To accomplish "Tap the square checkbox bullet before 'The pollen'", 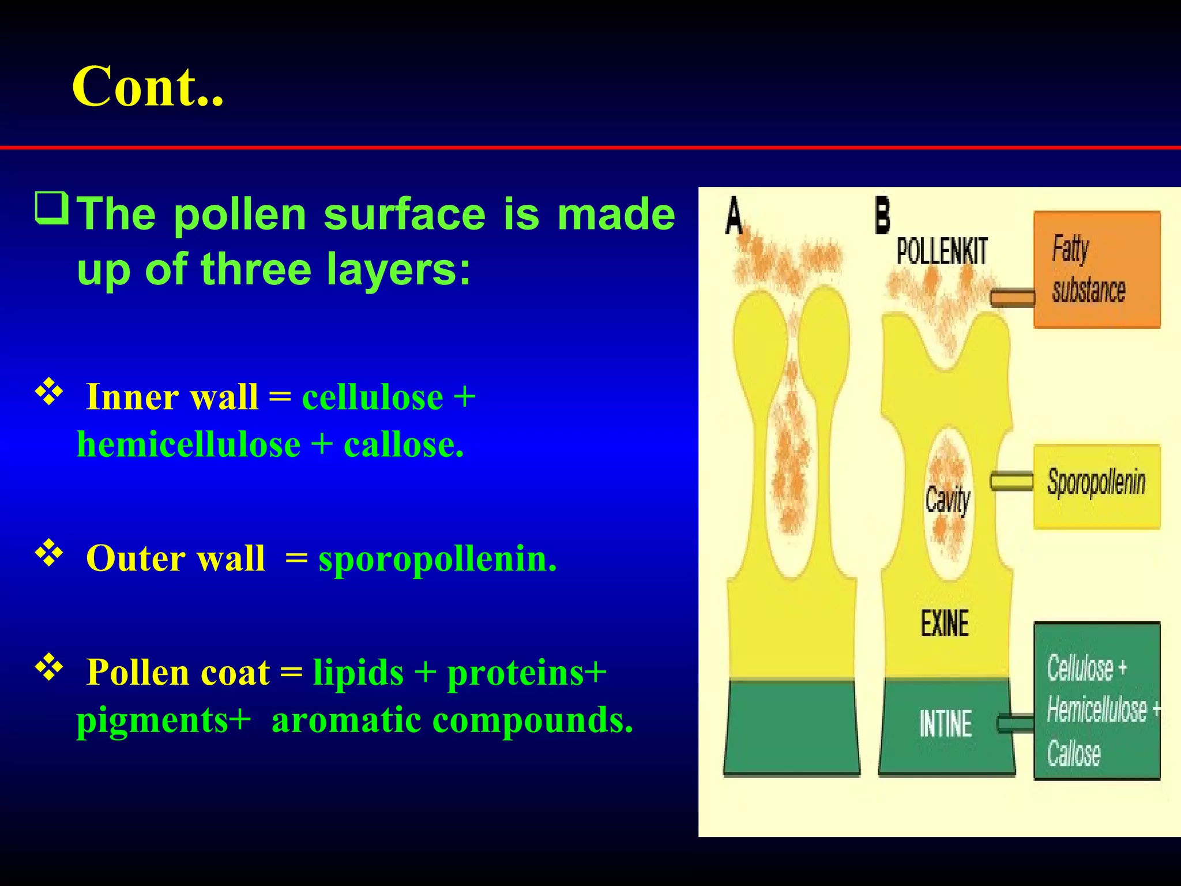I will pos(52,208).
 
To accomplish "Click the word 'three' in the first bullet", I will pos(255,269).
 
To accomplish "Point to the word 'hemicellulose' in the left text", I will pos(189,445).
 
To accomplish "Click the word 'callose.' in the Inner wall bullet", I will pos(404,445).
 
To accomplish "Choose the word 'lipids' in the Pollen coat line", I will pos(358,673).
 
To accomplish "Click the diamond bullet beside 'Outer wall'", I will pos(49,552).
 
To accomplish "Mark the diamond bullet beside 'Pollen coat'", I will pos(49,667).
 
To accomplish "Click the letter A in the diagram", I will pos(734,216).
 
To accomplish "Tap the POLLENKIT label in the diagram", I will pos(942,251).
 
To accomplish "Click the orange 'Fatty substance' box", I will pos(1096,269).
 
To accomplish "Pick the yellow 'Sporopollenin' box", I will pos(1096,486).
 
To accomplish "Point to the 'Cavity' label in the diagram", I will pos(947,500).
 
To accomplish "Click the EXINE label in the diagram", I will pos(945,624).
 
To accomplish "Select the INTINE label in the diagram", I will pos(945,724).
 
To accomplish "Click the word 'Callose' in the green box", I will pos(1074,753).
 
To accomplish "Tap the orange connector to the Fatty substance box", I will pos(1012,298).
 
